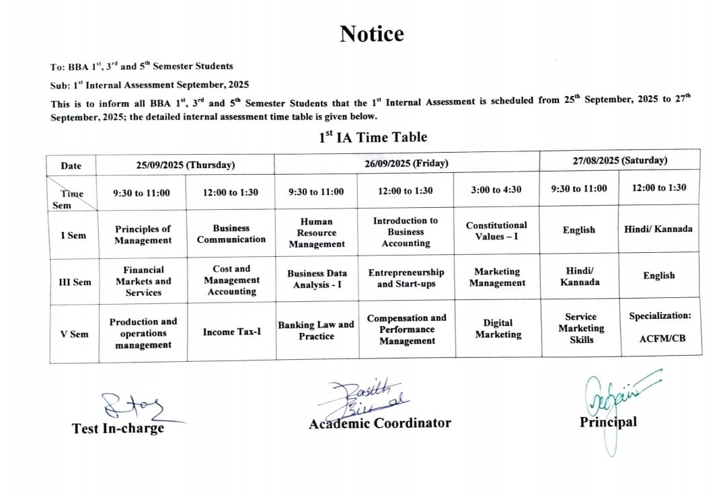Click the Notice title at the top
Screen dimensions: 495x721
(x=371, y=34)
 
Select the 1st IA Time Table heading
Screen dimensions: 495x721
(x=373, y=137)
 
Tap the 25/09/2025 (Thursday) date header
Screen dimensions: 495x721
(x=186, y=165)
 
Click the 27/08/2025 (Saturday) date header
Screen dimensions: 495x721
(x=619, y=160)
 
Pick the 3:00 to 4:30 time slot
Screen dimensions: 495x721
(x=496, y=190)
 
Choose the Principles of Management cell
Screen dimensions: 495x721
(x=143, y=235)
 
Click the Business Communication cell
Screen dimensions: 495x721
(x=231, y=234)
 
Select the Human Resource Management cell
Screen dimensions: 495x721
(x=316, y=233)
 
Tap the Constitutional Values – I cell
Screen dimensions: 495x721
(x=496, y=231)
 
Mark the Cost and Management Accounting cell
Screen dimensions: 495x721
(x=231, y=280)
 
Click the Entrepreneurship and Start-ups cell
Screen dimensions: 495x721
(x=406, y=278)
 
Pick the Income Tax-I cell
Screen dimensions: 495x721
(x=231, y=332)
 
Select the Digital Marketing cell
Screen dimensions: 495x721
(x=498, y=328)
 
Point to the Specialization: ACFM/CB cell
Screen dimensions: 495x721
(x=659, y=326)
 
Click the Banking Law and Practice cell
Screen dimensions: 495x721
(x=316, y=330)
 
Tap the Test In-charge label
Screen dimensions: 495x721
(x=118, y=428)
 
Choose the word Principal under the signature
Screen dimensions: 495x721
(x=608, y=422)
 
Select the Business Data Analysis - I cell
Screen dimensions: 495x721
(x=317, y=279)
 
